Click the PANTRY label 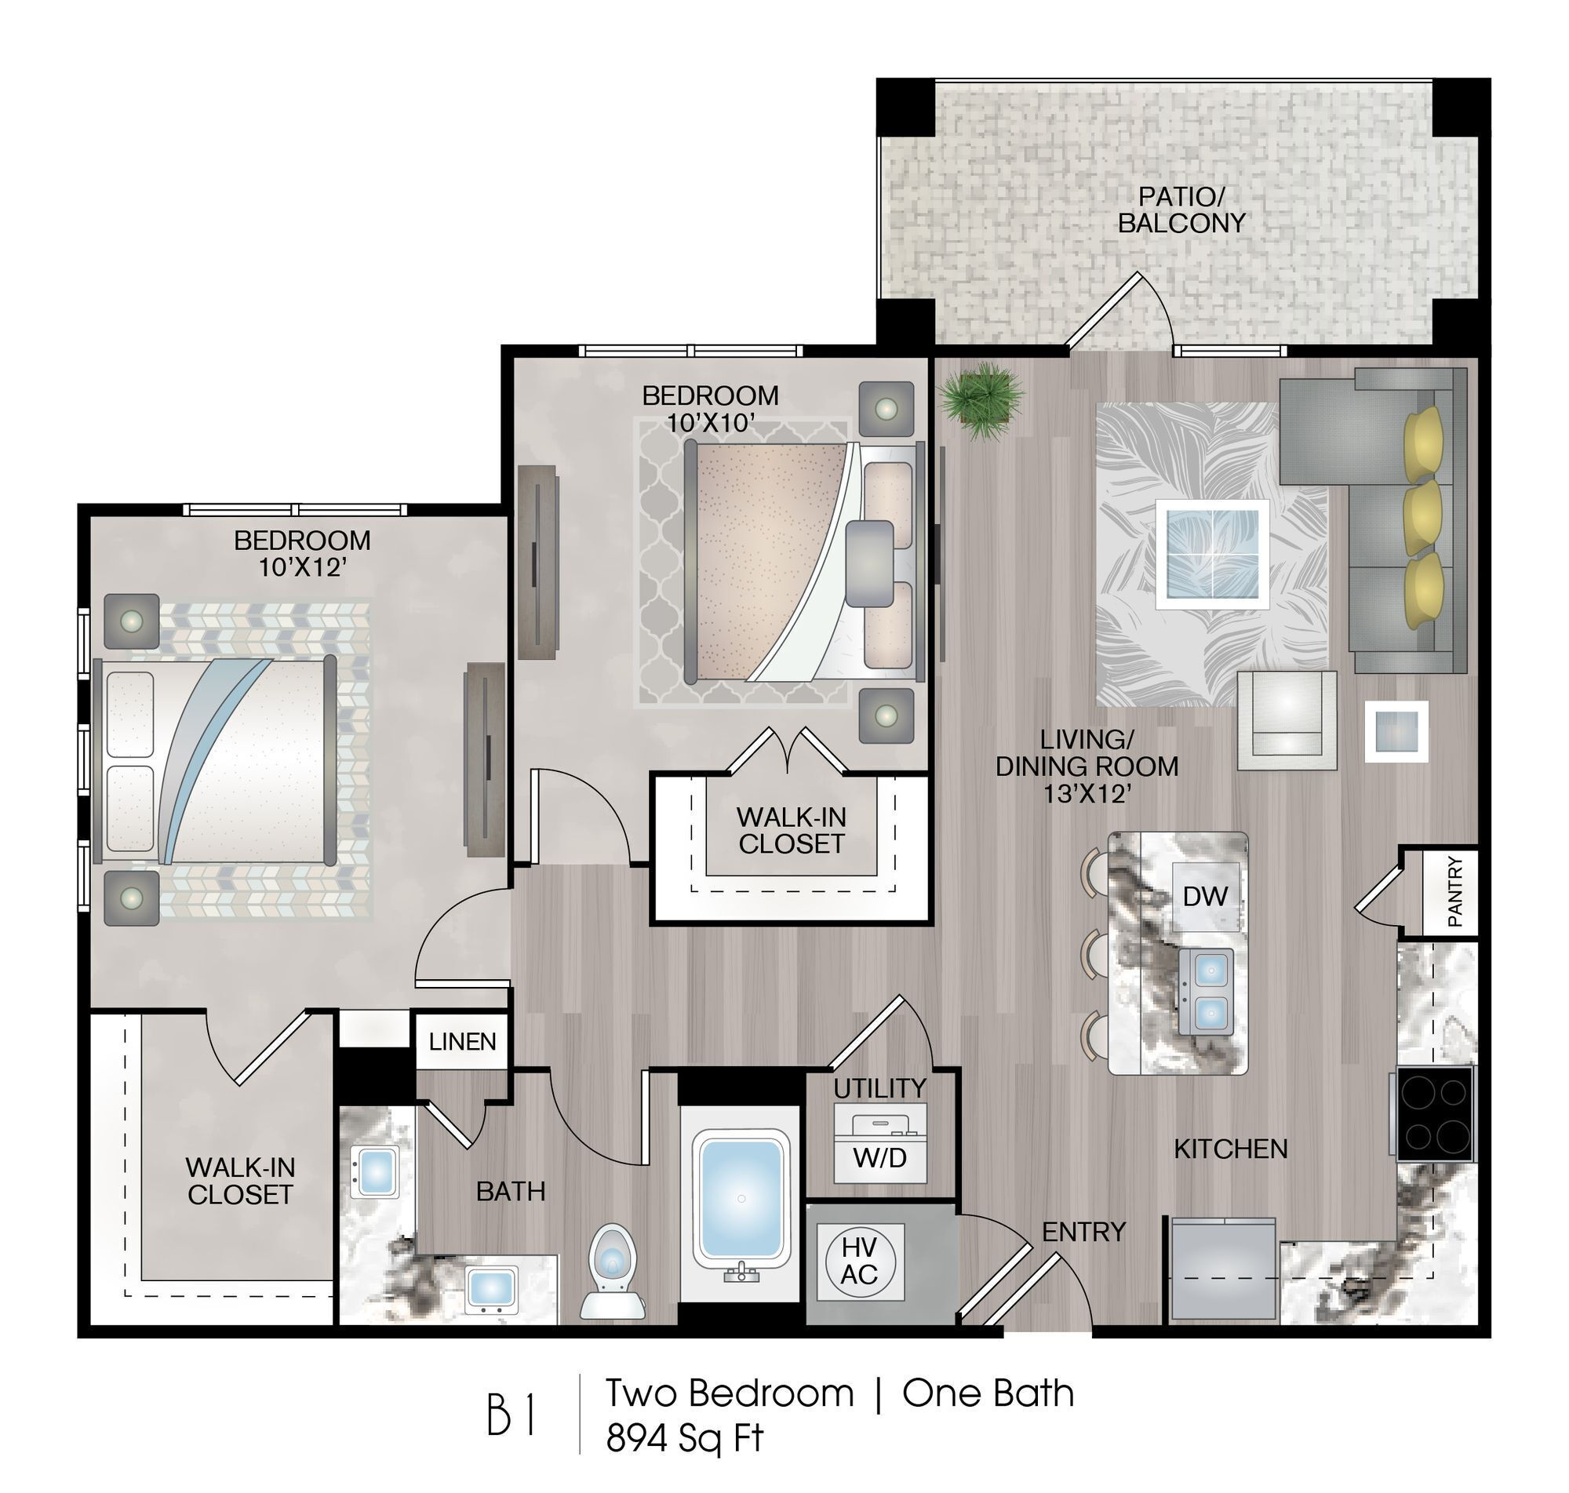[1454, 890]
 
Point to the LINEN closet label [461, 1041]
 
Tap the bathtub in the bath [740, 1198]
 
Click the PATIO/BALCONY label [1181, 209]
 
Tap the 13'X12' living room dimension [1087, 792]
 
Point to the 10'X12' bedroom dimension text [302, 567]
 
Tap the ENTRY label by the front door [1083, 1231]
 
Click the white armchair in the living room [1286, 720]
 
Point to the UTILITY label [879, 1087]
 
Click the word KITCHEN [1230, 1148]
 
